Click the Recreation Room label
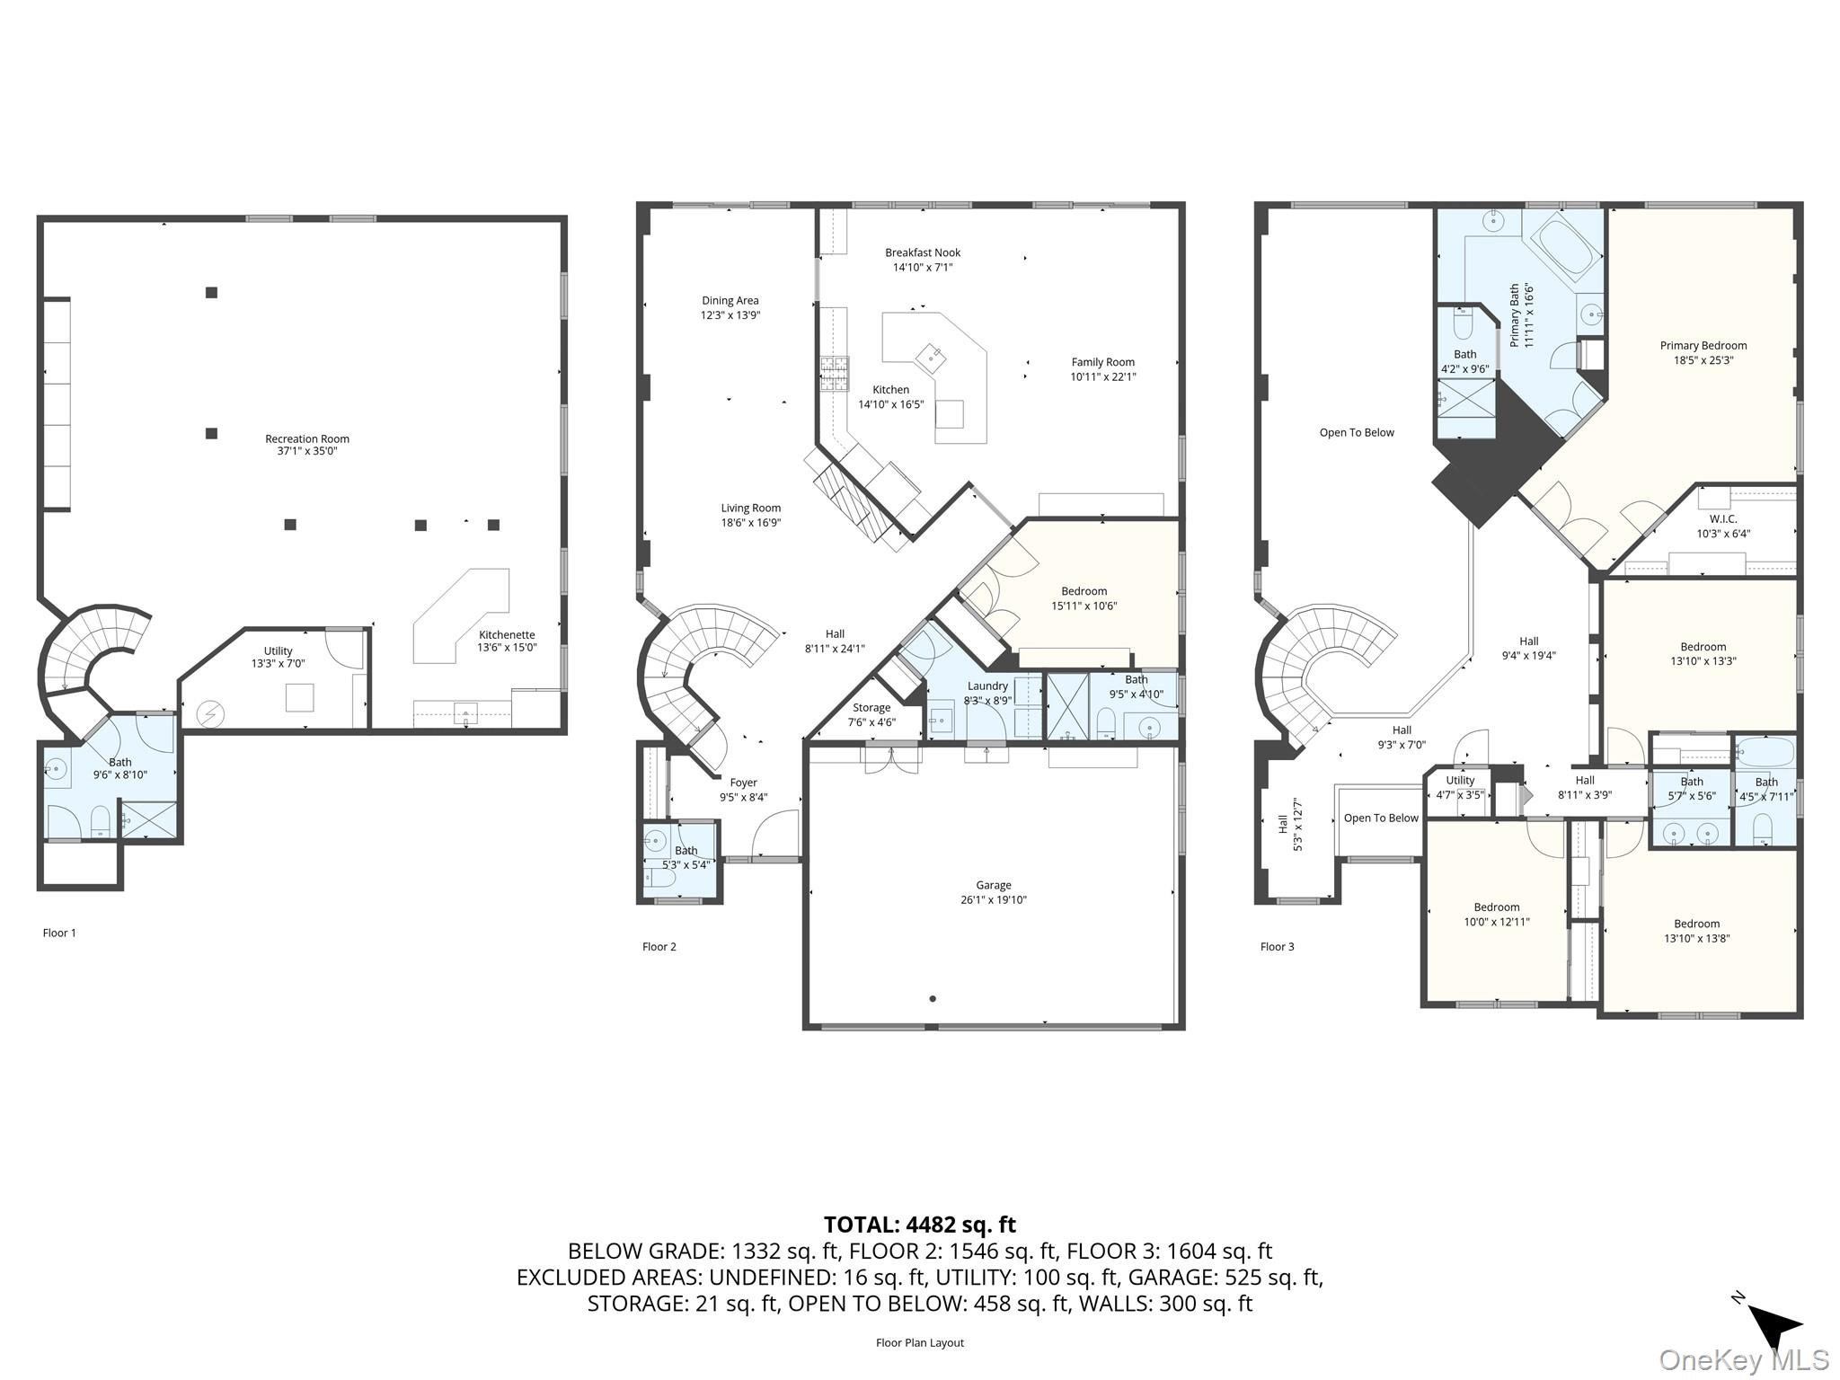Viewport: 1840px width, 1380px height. tap(306, 438)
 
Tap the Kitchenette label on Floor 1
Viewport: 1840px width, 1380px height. tap(507, 634)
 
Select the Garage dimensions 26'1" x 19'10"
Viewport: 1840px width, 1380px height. tap(993, 899)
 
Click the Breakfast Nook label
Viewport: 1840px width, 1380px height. tap(922, 252)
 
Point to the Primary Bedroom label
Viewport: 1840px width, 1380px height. tap(1703, 345)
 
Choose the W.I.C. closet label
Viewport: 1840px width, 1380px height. tap(1722, 518)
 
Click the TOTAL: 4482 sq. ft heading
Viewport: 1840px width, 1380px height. tap(919, 1225)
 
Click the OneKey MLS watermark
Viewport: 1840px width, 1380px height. tap(1743, 1359)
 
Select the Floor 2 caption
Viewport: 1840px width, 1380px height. tap(659, 946)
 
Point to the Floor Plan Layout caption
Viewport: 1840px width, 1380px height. tap(919, 1342)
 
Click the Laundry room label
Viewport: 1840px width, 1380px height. tap(987, 686)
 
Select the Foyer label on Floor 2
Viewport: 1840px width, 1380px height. tap(743, 783)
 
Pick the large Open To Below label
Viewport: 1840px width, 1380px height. tap(1356, 432)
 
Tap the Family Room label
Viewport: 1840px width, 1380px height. tap(1102, 362)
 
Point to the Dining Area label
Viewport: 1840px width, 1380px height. tap(730, 301)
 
